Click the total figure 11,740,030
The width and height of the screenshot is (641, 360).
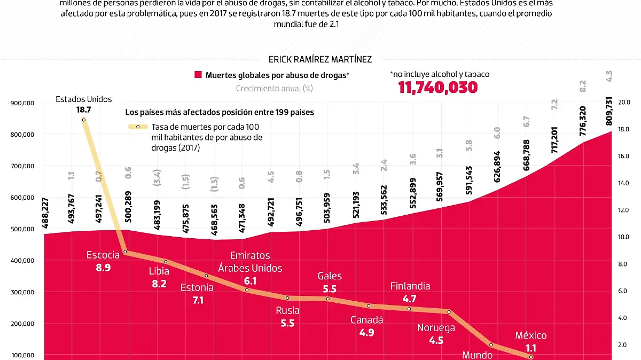pos(438,88)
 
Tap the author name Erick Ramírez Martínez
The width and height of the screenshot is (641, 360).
pos(320,59)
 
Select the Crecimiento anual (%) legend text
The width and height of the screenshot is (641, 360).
pos(274,88)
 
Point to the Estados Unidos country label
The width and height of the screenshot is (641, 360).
pos(84,99)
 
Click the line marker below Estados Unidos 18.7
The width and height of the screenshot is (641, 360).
pos(84,120)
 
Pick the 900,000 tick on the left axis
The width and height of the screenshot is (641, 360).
pos(22,103)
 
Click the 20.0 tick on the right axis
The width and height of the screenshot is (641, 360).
pos(624,102)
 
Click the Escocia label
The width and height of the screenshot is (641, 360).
pos(103,255)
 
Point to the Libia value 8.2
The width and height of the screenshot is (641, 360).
pos(159,284)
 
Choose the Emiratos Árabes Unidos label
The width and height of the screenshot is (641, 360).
pos(250,262)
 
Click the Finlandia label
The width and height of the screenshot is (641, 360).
pos(410,286)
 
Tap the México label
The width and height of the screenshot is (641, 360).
pos(531,335)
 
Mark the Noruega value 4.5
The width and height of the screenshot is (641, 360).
pos(436,340)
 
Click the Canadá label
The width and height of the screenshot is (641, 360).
pos(367,320)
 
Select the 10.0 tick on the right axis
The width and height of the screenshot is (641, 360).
pos(624,237)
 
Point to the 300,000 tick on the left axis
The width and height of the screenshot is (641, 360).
pos(22,292)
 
